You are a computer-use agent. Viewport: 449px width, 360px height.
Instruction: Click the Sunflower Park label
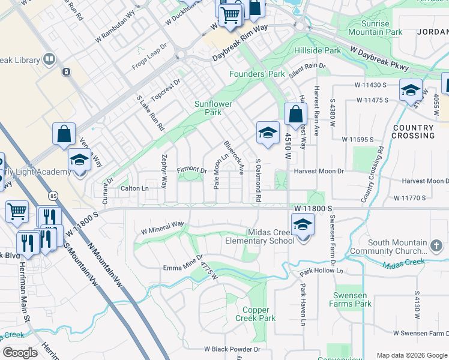213,108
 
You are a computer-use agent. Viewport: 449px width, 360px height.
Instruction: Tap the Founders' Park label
257,74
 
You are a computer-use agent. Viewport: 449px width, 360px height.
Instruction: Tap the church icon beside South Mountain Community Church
436,245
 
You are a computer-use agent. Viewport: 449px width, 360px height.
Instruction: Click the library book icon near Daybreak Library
49,60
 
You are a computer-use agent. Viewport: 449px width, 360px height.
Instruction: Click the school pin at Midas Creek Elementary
303,226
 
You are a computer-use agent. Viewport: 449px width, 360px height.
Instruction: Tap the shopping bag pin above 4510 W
296,113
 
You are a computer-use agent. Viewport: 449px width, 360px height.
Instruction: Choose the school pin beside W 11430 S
411,90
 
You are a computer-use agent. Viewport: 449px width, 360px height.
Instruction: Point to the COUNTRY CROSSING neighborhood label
413,132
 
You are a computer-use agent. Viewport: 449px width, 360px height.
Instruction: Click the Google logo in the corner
20,352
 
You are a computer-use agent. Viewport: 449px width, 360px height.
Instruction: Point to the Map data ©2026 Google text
411,355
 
